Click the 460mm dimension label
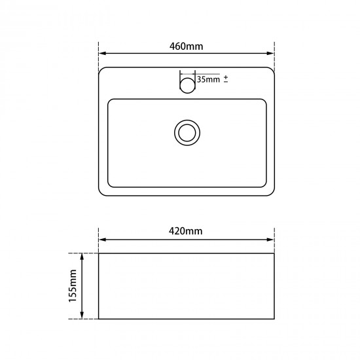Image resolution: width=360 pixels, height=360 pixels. [186, 46]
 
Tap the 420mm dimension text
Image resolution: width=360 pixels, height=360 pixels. [186, 231]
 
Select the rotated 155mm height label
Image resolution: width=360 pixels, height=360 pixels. [73, 285]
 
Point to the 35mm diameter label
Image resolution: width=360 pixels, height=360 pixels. [208, 79]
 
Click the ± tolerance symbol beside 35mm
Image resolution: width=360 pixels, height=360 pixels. [226, 79]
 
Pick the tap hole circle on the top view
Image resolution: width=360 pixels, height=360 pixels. [187, 84]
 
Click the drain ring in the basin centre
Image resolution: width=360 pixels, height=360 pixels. [187, 132]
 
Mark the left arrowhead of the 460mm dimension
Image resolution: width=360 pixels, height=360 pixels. [101, 54]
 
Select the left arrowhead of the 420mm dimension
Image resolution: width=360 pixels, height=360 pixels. [101, 239]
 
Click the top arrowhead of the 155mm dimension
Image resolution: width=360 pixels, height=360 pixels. [82, 256]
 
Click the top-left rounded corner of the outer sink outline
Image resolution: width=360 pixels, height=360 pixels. [101, 69]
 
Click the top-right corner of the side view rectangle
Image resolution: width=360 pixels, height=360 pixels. [274, 253]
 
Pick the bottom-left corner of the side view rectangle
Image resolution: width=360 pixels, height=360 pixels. [98, 319]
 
